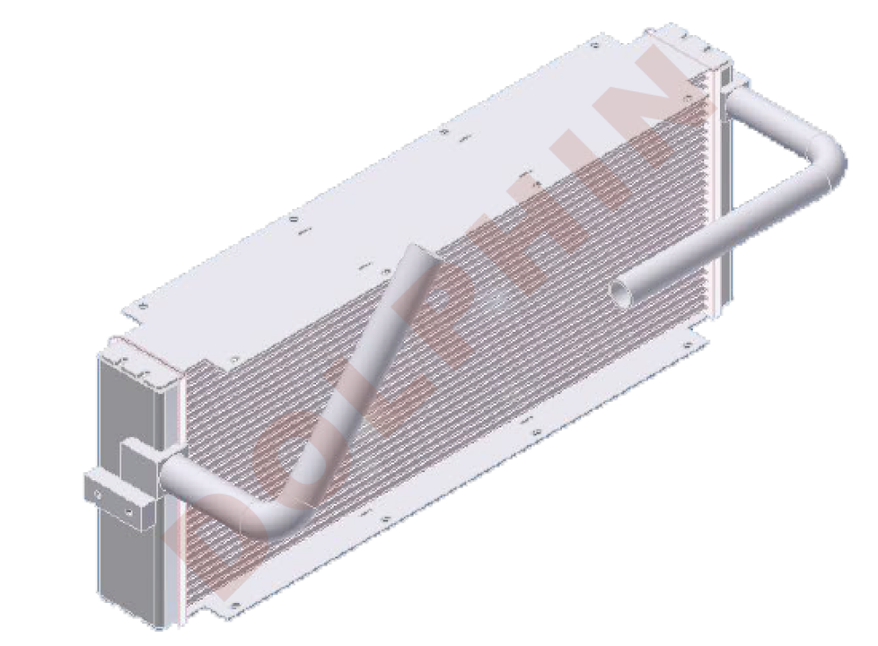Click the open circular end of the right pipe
(x=619, y=293)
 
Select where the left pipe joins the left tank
(x=167, y=468)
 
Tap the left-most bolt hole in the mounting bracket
(x=98, y=495)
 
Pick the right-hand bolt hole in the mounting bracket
(x=129, y=513)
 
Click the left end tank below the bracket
(x=130, y=577)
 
